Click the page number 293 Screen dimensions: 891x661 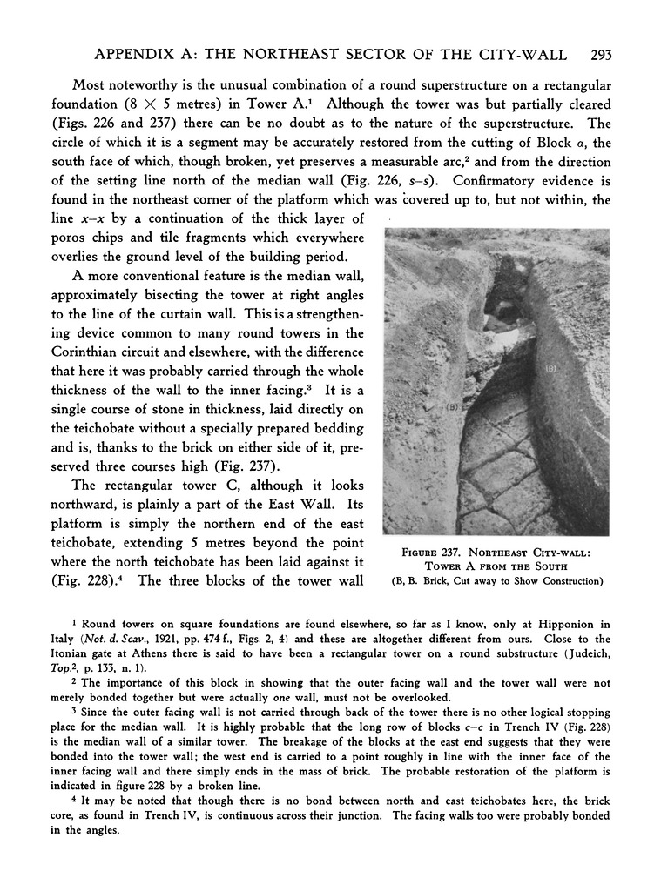(601, 55)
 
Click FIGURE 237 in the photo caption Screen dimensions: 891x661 (438, 550)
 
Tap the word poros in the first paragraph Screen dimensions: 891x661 (69, 238)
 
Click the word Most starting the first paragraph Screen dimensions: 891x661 (89, 85)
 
